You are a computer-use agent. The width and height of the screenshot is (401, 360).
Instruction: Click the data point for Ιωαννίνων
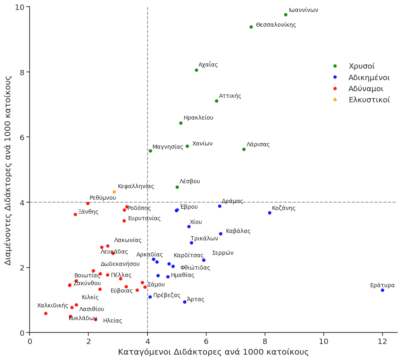[x=286, y=15]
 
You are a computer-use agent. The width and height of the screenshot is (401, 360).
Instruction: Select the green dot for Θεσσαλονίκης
[x=251, y=27]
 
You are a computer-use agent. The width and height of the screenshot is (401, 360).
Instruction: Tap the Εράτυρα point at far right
[x=383, y=290]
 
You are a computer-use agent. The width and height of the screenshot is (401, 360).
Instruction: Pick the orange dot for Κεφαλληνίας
[x=114, y=192]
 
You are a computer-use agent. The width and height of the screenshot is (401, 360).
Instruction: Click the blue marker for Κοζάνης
[x=270, y=213]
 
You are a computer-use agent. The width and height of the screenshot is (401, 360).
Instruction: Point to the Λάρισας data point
[x=244, y=150]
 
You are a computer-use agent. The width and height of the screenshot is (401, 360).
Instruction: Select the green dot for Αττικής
[x=217, y=101]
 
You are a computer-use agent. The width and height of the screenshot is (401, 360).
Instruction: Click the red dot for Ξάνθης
[x=75, y=215]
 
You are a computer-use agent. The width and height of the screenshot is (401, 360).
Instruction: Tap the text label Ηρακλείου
[x=198, y=118]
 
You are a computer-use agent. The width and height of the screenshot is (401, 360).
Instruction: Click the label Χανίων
[x=203, y=144]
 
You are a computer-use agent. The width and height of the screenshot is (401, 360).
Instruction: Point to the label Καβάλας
[x=238, y=231]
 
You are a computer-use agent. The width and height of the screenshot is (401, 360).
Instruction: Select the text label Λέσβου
[x=190, y=182]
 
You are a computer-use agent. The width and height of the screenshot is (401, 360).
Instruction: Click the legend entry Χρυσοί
[x=362, y=66]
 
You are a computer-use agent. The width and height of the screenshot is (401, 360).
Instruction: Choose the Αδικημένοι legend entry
[x=369, y=78]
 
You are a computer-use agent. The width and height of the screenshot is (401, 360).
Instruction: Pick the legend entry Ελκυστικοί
[x=369, y=100]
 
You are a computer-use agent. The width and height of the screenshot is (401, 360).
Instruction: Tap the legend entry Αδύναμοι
[x=366, y=89]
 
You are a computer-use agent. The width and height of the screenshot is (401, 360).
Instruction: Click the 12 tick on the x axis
[x=383, y=341]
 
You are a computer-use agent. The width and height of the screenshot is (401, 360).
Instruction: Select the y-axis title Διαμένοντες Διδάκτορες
[x=8, y=170]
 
